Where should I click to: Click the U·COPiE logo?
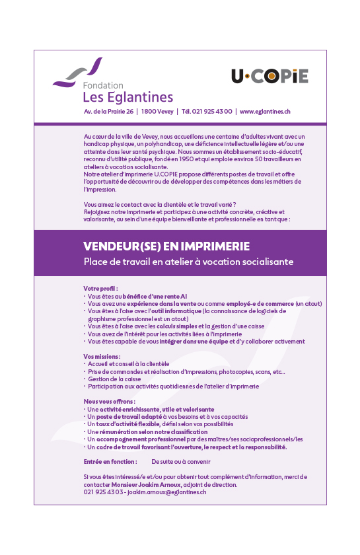270,77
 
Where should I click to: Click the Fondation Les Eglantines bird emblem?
78,73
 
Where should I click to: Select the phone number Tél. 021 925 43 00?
207,112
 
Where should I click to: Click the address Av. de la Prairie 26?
108,112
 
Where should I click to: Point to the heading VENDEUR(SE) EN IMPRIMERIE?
166,246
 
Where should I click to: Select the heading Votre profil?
101,289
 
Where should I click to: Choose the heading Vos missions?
102,356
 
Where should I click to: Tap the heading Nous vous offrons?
109,401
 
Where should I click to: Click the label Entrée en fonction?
110,461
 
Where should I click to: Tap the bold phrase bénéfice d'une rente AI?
155,297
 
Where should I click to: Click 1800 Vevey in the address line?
157,112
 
